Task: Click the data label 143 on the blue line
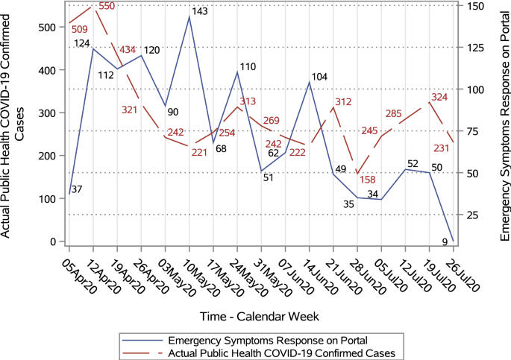click(200, 12)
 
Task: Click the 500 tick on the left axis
click(46, 27)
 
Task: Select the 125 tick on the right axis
click(475, 48)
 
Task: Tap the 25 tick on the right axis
click(472, 215)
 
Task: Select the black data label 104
click(319, 77)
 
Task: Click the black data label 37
click(77, 189)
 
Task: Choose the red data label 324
click(439, 97)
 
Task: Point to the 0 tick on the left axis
click(53, 241)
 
